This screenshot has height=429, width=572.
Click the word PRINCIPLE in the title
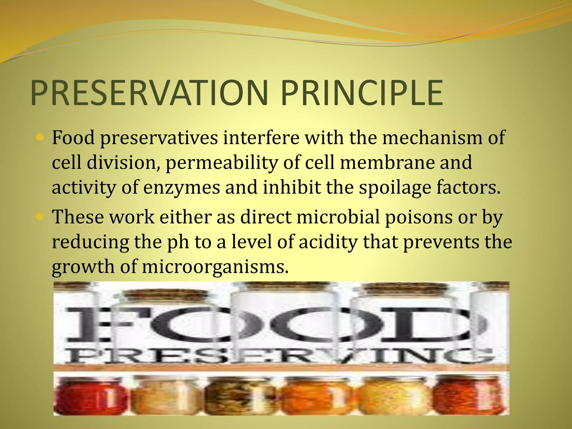tap(362, 93)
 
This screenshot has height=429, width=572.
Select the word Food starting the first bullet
tap(73, 138)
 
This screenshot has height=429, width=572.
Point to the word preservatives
tap(159, 138)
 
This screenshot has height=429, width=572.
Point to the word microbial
tap(338, 217)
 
